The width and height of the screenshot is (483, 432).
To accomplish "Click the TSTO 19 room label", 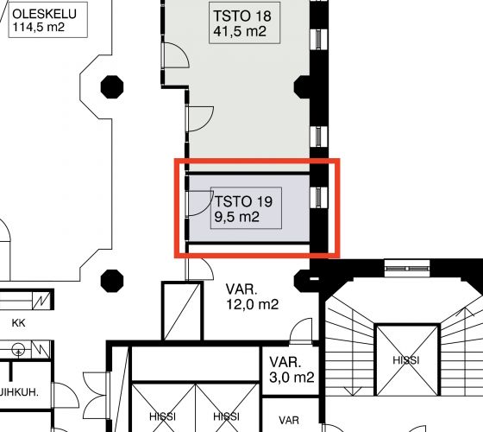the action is (243, 201).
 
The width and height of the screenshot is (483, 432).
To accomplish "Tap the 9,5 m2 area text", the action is (236, 217).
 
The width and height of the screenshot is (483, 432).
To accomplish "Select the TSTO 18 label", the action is (242, 16).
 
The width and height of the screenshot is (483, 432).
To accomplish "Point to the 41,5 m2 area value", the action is (240, 31).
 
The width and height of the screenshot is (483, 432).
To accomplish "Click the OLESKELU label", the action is (44, 14).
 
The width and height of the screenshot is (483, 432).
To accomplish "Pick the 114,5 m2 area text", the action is (39, 27).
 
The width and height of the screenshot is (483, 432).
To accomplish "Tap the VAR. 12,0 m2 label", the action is (252, 297).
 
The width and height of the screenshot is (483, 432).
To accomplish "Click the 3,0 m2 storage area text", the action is (292, 377).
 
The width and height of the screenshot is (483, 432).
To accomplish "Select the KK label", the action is (18, 323).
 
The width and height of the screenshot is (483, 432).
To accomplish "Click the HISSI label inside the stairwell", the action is (406, 360).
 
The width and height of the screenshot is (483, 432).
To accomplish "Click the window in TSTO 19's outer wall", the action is (318, 198).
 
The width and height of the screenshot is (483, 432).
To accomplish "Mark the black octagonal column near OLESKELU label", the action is (112, 87).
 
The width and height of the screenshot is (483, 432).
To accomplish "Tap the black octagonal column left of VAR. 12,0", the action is (112, 281).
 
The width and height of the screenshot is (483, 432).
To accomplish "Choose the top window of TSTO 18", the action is (318, 39).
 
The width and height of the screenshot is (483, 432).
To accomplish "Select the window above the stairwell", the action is (407, 269).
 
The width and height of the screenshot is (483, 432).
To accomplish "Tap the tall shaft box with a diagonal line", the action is (182, 311).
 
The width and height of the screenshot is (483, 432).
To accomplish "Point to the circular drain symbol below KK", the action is (18, 350).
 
